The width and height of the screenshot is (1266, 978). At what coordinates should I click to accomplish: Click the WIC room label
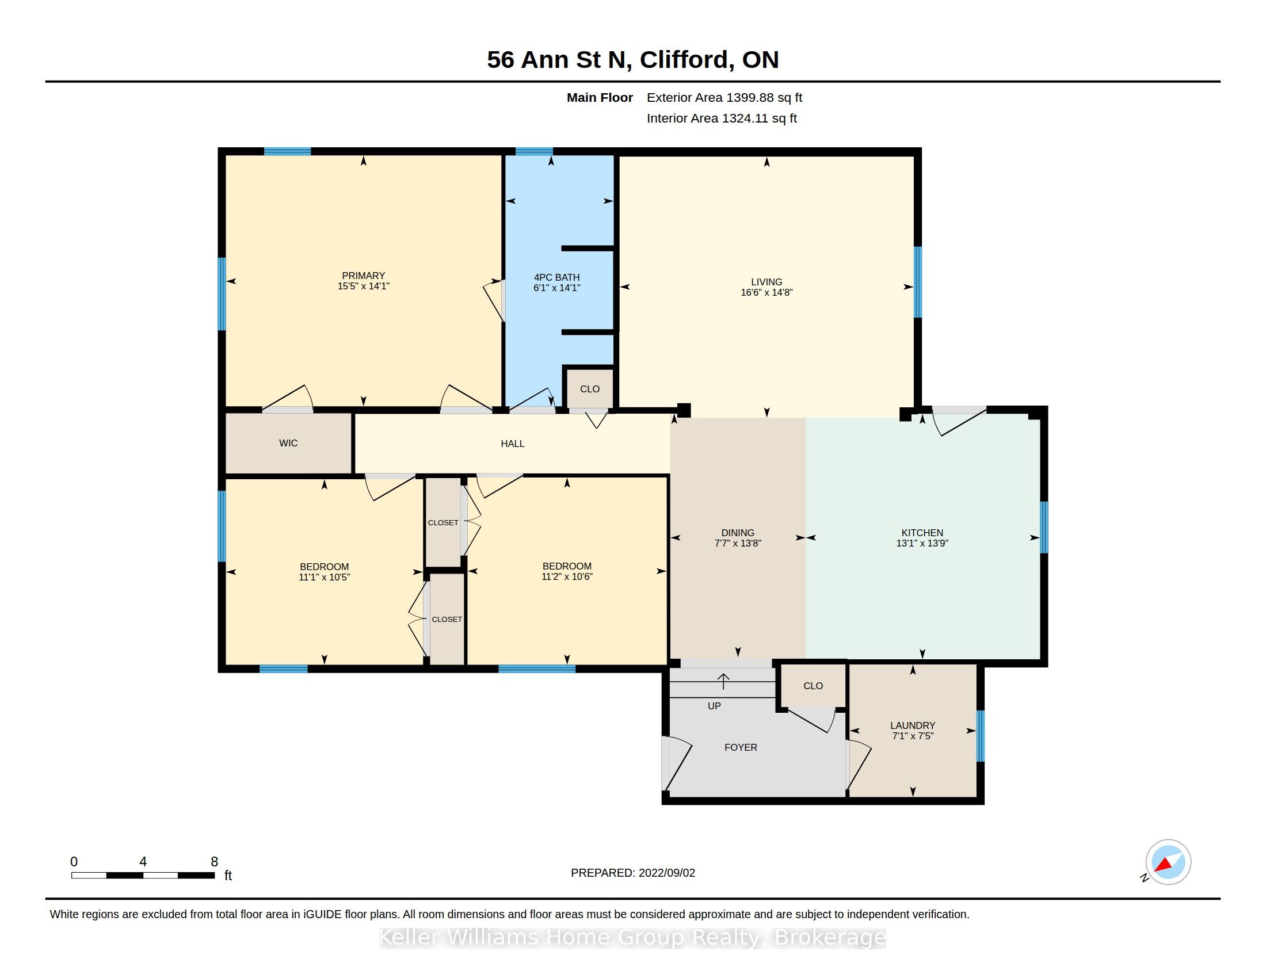click(288, 443)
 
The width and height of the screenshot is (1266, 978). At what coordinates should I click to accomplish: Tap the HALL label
click(512, 444)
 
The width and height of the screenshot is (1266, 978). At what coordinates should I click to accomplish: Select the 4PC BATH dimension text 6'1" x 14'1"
click(556, 288)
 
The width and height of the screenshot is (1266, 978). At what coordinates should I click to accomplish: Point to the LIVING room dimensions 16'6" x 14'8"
click(767, 293)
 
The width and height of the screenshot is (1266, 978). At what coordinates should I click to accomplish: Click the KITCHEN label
click(922, 533)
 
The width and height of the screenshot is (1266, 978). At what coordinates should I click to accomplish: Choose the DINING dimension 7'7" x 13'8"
click(737, 544)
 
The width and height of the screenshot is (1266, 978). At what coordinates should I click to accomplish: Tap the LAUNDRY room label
click(913, 725)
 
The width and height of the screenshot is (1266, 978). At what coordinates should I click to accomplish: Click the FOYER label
click(740, 747)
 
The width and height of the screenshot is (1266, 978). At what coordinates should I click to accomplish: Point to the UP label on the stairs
click(714, 706)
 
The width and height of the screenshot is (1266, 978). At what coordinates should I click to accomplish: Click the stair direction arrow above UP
click(723, 681)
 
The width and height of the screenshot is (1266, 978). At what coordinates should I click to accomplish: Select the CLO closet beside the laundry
click(813, 686)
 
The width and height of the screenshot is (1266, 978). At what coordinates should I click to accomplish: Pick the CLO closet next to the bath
click(589, 389)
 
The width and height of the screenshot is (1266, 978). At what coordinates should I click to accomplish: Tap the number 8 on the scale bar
click(214, 862)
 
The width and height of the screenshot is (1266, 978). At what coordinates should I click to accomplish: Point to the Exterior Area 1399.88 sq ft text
click(724, 98)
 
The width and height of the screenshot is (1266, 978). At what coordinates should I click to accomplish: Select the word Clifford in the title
click(687, 60)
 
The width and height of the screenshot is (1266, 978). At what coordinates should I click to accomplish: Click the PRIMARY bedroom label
click(364, 276)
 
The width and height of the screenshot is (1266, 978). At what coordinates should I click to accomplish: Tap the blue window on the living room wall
click(918, 282)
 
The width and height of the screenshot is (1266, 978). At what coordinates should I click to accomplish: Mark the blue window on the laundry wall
click(980, 736)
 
